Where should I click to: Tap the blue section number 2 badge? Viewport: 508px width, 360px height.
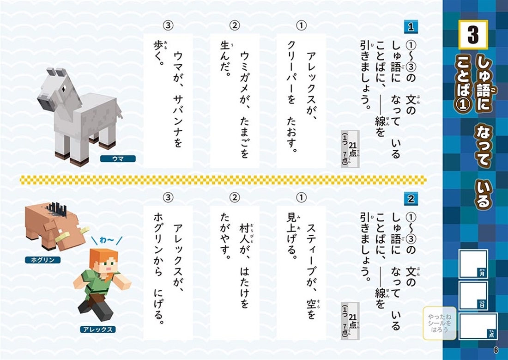tap(411, 199)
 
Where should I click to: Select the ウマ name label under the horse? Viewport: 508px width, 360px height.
tap(117, 159)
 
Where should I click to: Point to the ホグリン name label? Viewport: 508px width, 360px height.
tap(43, 260)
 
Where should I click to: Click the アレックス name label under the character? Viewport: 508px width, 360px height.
tap(97, 329)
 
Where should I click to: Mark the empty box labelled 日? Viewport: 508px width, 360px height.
tap(473, 295)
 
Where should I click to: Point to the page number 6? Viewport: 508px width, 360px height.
tap(496, 350)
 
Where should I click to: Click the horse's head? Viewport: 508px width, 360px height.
tap(51, 85)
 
